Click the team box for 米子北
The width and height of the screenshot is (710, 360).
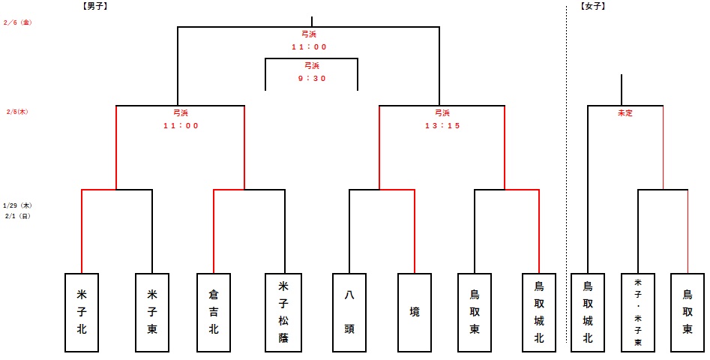tap(82, 312)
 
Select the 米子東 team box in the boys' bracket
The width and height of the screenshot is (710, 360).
tap(152, 312)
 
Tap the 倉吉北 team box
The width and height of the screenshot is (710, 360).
tap(214, 312)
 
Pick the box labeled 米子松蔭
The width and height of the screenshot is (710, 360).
tap(284, 312)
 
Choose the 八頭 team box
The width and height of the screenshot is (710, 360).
tap(349, 312)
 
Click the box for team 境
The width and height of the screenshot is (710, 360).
tap(415, 312)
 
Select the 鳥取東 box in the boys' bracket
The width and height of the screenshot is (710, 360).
tap(475, 312)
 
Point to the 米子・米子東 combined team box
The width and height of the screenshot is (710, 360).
tap(638, 312)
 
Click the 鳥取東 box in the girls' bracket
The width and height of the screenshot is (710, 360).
tap(688, 312)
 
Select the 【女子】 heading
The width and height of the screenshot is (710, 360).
tap(593, 6)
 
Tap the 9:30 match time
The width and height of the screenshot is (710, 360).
tap(310, 79)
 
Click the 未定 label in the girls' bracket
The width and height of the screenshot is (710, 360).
tap(625, 113)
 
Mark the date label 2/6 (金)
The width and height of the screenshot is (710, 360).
tap(16, 22)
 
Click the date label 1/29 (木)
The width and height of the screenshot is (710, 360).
tap(16, 205)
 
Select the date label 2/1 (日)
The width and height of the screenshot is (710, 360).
tap(16, 215)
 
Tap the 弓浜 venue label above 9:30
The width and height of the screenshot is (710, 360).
tap(310, 66)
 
